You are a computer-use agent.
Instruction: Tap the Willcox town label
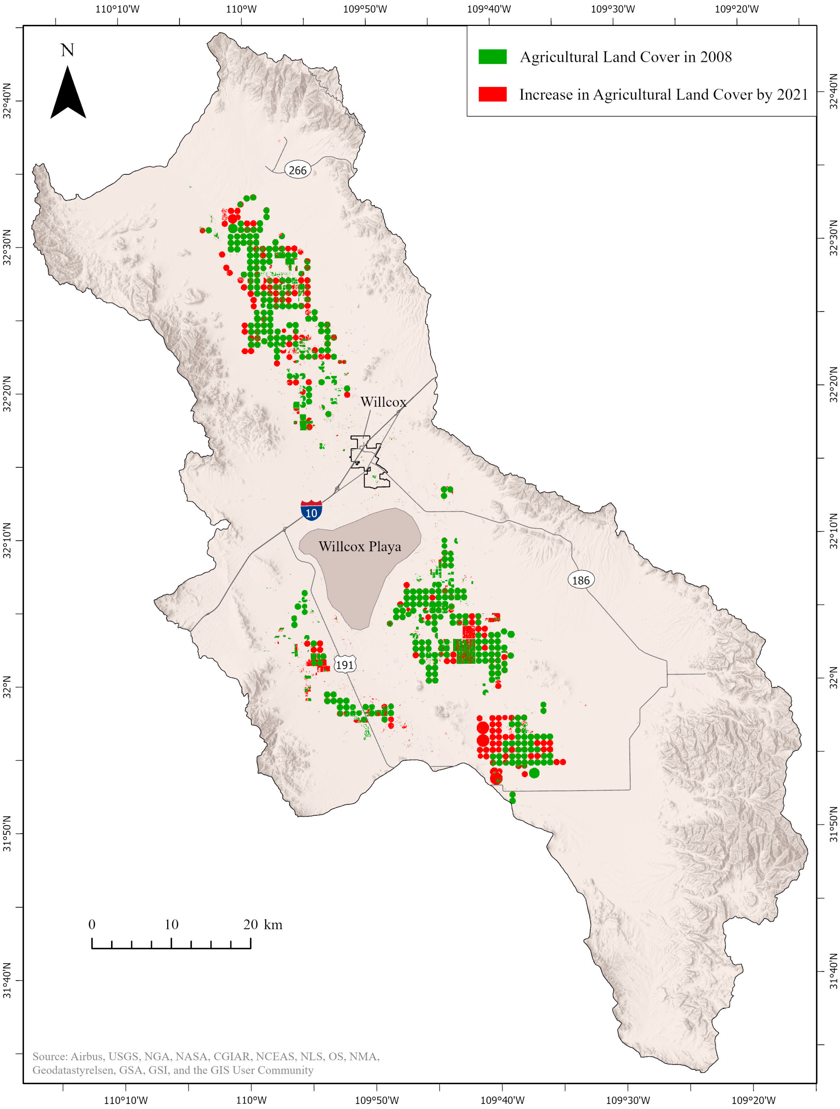point(383,402)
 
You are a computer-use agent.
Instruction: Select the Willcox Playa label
point(360,546)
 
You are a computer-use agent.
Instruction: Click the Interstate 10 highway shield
point(311,510)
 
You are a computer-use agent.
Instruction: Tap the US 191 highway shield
point(344,665)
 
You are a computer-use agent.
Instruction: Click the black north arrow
point(68,93)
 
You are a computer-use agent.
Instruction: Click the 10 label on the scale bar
point(172,925)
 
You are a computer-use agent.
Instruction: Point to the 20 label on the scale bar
point(251,925)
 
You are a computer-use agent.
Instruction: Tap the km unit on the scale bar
point(273,925)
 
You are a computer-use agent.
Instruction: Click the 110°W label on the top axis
point(241,9)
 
